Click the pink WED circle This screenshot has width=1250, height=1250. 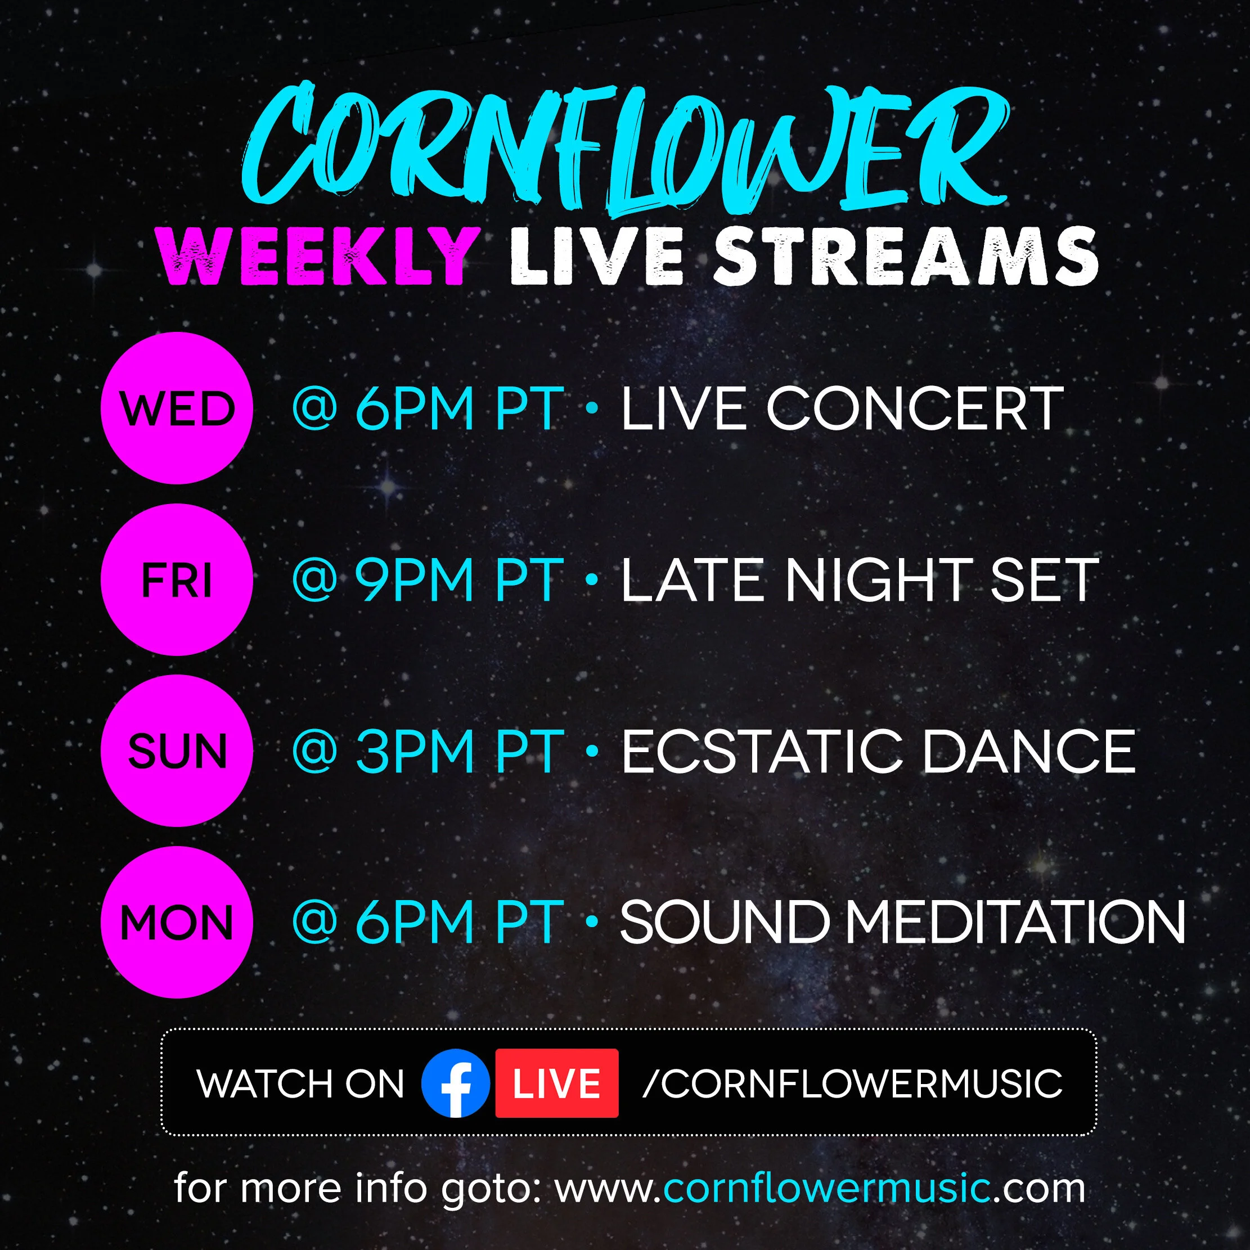[177, 408]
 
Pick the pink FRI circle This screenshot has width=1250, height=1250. [177, 579]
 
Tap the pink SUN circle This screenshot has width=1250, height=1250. [177, 750]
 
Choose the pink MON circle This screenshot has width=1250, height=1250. [177, 922]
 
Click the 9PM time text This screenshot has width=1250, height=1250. [414, 581]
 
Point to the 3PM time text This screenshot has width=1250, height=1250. [414, 751]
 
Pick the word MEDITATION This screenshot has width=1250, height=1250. [1016, 922]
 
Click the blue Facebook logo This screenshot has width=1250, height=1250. [455, 1083]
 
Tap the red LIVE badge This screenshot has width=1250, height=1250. [556, 1083]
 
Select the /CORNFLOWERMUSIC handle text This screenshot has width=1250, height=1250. [852, 1083]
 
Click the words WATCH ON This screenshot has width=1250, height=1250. [300, 1083]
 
